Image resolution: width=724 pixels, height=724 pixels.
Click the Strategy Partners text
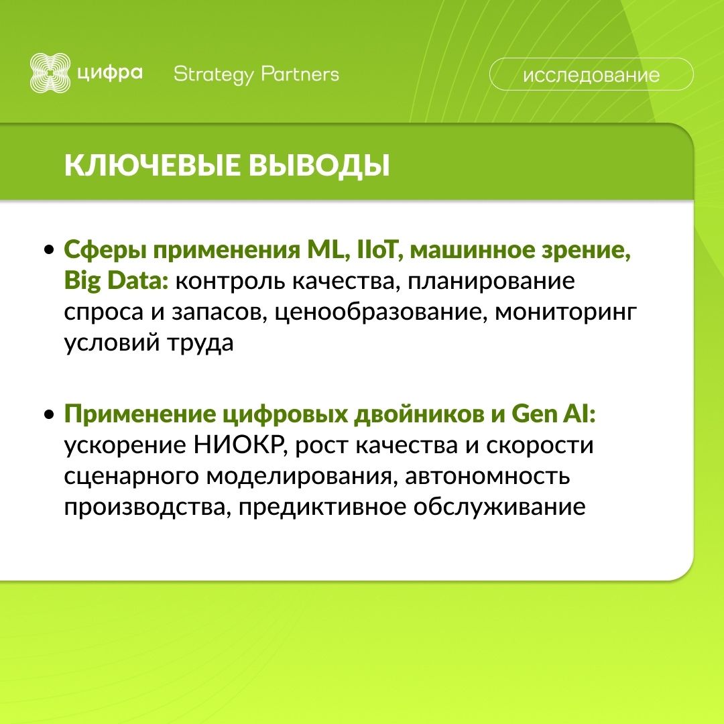(256, 74)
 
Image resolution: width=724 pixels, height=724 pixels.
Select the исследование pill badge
(591, 74)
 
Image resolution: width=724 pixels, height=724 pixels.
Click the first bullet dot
(49, 251)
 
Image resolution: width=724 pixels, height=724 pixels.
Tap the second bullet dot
(49, 416)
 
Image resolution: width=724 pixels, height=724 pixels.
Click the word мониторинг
(564, 312)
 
